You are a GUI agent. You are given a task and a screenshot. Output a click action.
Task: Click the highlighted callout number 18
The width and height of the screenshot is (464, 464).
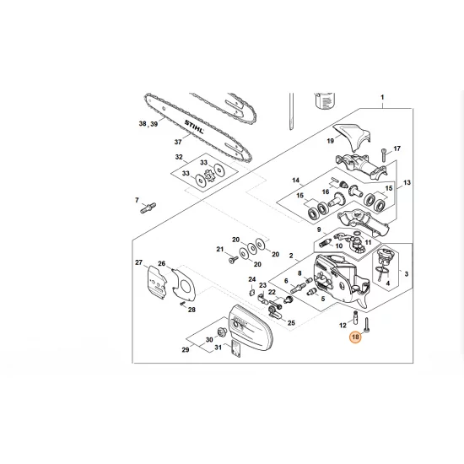tap(355, 337)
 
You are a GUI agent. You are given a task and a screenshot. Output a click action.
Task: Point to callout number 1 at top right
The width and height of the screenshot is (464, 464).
tap(381, 98)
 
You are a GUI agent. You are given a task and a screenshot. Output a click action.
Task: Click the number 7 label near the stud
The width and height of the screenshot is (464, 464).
tap(138, 200)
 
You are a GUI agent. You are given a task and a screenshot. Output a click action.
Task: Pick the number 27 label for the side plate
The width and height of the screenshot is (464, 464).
tap(139, 263)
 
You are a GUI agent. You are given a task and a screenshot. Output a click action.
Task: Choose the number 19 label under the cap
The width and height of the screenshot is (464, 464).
tap(331, 143)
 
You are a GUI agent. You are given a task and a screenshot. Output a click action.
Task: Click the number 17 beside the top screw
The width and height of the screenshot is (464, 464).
tap(397, 148)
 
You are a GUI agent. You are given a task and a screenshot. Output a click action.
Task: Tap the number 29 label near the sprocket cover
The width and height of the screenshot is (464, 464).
tap(186, 348)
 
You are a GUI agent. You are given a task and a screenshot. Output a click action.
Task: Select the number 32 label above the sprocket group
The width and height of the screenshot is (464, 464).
tap(178, 157)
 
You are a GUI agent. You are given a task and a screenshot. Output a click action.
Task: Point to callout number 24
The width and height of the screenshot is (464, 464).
tap(251, 279)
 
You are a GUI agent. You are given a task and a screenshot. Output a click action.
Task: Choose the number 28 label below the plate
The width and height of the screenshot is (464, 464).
tap(192, 310)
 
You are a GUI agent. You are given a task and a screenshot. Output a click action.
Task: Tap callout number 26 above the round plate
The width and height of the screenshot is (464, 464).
tap(162, 263)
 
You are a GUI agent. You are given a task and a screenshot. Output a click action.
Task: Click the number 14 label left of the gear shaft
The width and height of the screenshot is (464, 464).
tap(296, 181)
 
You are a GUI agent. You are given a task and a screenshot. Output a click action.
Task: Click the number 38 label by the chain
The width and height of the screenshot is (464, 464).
tap(143, 124)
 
